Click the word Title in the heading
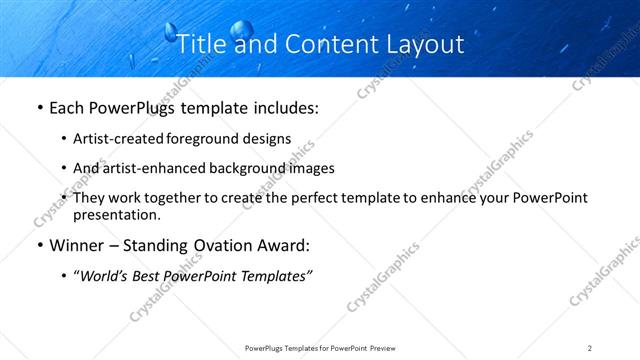[x=198, y=45]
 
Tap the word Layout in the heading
[x=424, y=45]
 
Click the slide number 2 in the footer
[x=590, y=348]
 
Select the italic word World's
[x=108, y=276]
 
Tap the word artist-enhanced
[x=145, y=168]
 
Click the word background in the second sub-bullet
[x=240, y=168]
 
